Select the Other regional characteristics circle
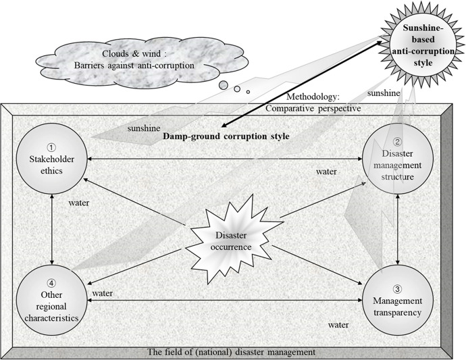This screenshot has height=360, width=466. pos(52,300)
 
